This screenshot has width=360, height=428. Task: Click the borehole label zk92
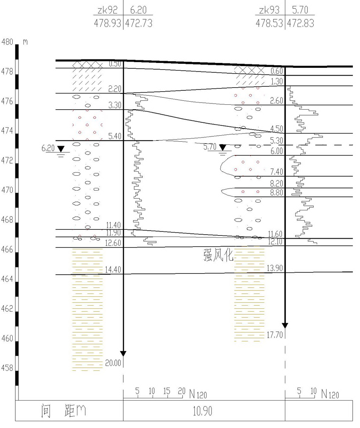coord(108,10)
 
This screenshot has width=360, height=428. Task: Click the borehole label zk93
coord(269,10)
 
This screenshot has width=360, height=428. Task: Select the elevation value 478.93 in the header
coord(108,23)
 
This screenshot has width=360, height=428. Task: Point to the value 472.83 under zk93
coord(301,23)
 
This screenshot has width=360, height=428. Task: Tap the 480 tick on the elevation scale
coord(7,42)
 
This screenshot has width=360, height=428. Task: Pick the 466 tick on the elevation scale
coord(7,249)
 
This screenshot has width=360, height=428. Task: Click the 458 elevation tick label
coord(7,368)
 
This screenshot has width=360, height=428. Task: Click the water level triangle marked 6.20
coord(61,149)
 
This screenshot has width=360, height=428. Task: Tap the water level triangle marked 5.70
coord(223,147)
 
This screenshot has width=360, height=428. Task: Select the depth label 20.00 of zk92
coord(113,363)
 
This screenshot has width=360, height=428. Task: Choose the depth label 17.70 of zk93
coord(274,335)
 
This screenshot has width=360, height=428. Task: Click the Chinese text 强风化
coord(218,255)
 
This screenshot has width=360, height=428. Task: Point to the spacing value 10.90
coord(202,411)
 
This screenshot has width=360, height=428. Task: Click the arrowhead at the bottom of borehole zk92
coord(123,354)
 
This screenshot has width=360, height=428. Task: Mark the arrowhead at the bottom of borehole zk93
coord(285,325)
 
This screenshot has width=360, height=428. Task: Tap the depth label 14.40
coord(113,270)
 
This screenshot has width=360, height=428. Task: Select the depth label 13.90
coord(274,268)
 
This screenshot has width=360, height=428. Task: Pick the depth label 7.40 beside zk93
coord(276,172)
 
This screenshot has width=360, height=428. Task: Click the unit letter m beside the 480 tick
coord(25,42)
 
